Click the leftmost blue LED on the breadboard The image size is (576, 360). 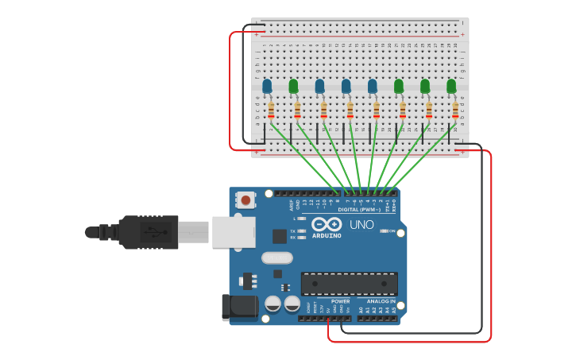[267, 86]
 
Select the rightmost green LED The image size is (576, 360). [451, 86]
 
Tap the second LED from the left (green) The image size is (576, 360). [293, 86]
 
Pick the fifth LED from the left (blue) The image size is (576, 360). [373, 86]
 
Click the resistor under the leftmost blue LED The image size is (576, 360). [271, 110]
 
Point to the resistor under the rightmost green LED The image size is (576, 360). [455, 110]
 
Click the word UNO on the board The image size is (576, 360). [362, 225]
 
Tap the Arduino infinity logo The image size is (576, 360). [327, 224]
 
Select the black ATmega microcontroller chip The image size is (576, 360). [349, 284]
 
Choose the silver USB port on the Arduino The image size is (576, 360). [234, 232]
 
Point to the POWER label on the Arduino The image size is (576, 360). [340, 301]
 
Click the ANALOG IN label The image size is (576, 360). [381, 301]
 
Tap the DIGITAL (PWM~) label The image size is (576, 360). [365, 210]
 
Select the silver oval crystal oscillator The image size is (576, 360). [276, 257]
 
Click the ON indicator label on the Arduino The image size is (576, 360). [391, 230]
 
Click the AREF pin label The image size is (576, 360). [292, 204]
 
